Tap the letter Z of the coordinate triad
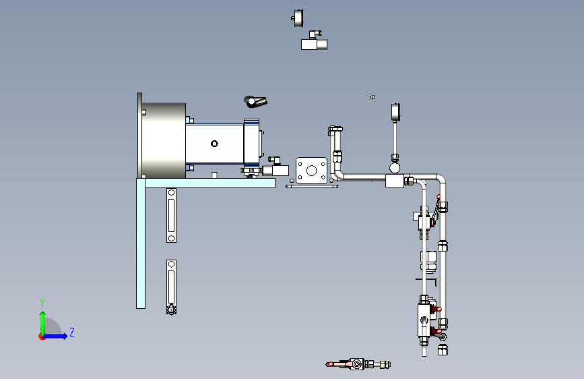click(x=72, y=332)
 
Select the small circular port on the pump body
click(x=214, y=143)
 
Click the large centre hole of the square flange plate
click(x=311, y=170)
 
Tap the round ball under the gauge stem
click(x=395, y=167)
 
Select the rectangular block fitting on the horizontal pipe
click(x=394, y=181)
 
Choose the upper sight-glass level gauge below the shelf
click(x=171, y=215)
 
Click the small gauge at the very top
click(x=298, y=18)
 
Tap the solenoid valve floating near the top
click(x=313, y=42)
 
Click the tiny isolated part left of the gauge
click(x=372, y=97)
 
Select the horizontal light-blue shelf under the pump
click(x=209, y=183)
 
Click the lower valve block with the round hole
click(x=425, y=320)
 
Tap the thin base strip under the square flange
click(x=311, y=186)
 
